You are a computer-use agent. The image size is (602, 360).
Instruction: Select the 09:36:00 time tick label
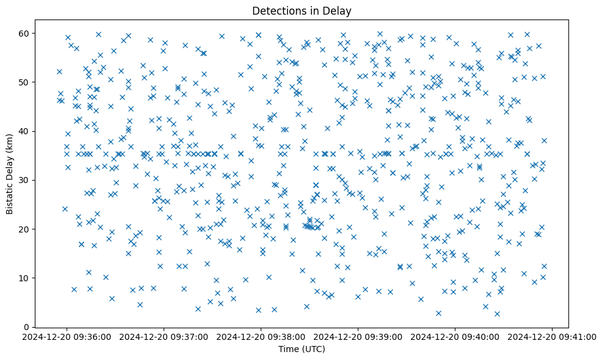click(67, 336)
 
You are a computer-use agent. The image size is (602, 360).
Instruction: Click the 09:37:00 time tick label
click(164, 336)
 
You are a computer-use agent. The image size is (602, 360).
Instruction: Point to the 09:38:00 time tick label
click(261, 336)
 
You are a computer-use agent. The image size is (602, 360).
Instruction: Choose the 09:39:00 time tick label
click(358, 336)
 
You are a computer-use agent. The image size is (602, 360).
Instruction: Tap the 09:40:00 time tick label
click(455, 336)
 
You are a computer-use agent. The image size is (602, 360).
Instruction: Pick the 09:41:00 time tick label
click(553, 336)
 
